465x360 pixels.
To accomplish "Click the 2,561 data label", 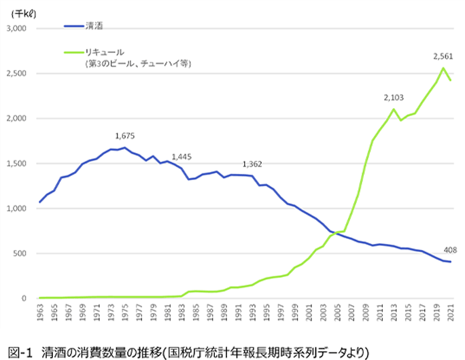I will (444, 55).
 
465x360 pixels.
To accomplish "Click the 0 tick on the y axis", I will (23, 298).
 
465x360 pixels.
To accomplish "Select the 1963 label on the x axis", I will (40, 314).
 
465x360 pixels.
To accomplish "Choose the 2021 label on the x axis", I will (450, 314).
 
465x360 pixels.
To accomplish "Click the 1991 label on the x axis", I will (238, 314).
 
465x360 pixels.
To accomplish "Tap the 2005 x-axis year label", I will (337, 314).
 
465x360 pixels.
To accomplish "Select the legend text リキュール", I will (103, 52).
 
